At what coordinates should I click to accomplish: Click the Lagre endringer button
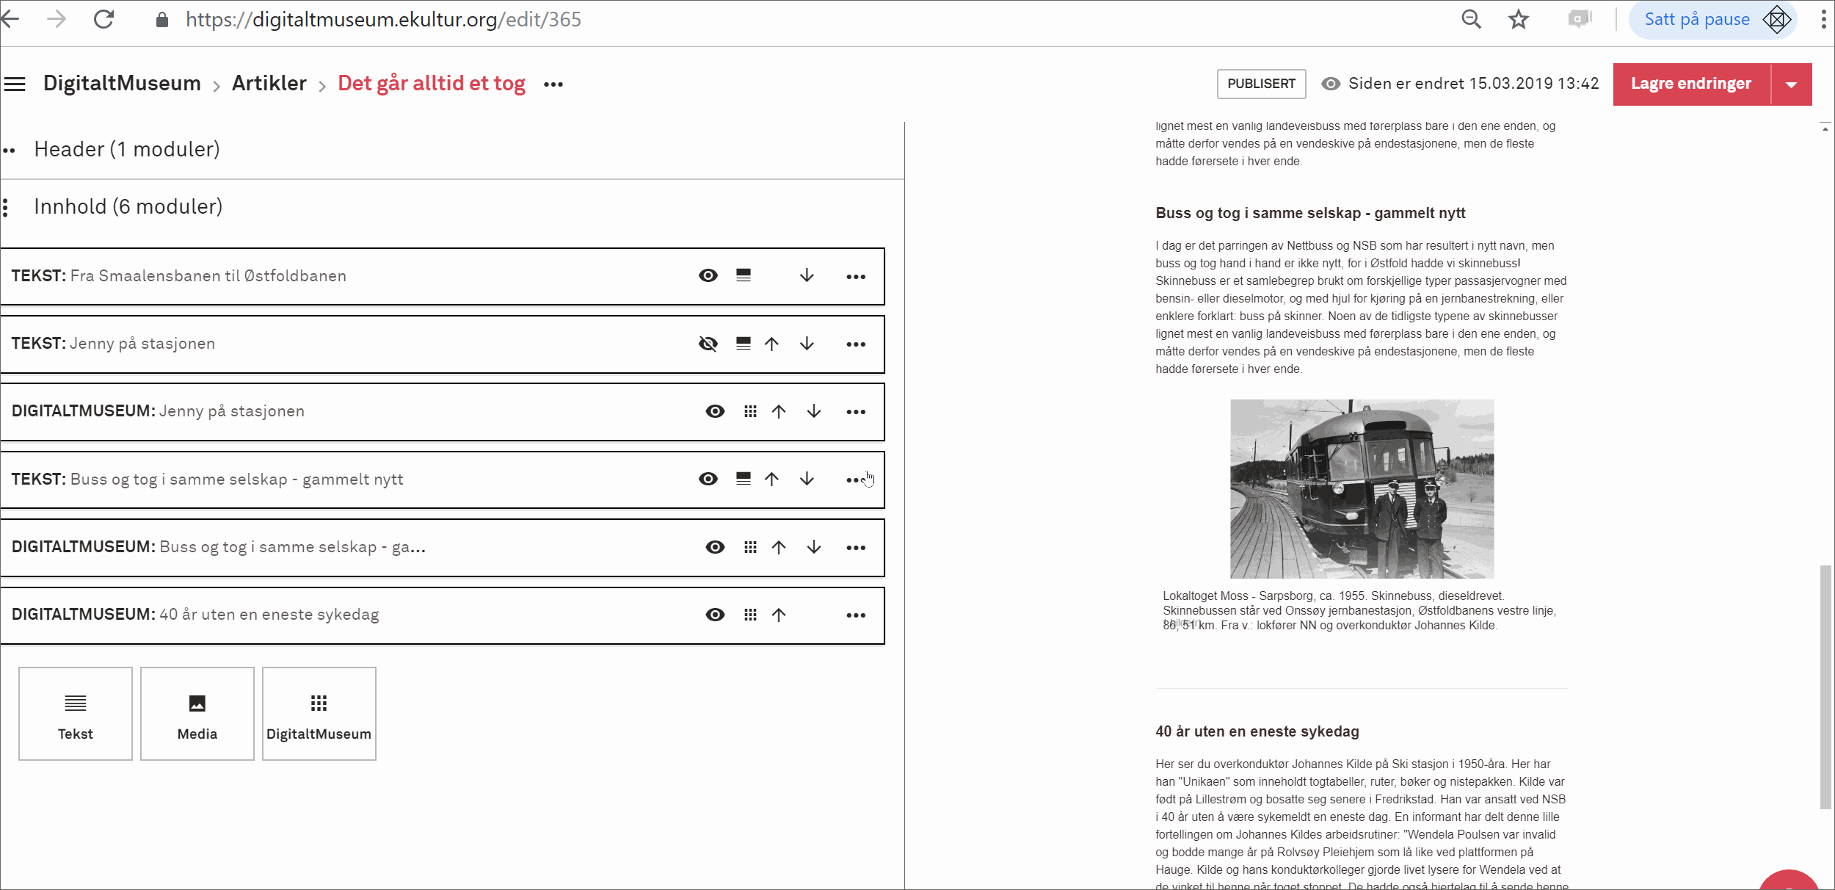(1690, 84)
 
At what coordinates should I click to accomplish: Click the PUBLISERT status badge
(1260, 84)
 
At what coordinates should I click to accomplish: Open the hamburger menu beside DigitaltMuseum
(15, 84)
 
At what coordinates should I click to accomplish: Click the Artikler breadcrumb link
(269, 84)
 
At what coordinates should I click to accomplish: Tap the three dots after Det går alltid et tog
(553, 84)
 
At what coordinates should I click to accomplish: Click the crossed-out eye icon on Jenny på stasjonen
(708, 344)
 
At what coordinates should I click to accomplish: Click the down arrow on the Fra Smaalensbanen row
(806, 275)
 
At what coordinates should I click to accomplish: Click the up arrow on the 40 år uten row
(778, 615)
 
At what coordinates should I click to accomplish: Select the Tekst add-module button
(76, 713)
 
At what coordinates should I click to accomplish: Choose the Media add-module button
(197, 713)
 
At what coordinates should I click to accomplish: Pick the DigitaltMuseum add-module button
(319, 713)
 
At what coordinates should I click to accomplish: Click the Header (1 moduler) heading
(127, 149)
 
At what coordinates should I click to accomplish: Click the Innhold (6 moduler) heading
(128, 206)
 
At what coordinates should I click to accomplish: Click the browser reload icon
(104, 19)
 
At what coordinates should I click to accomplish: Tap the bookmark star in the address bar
(1518, 19)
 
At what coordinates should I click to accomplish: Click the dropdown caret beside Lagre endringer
(1791, 84)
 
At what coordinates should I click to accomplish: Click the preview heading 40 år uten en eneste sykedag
(1257, 731)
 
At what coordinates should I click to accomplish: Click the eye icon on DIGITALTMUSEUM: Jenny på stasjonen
(714, 411)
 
